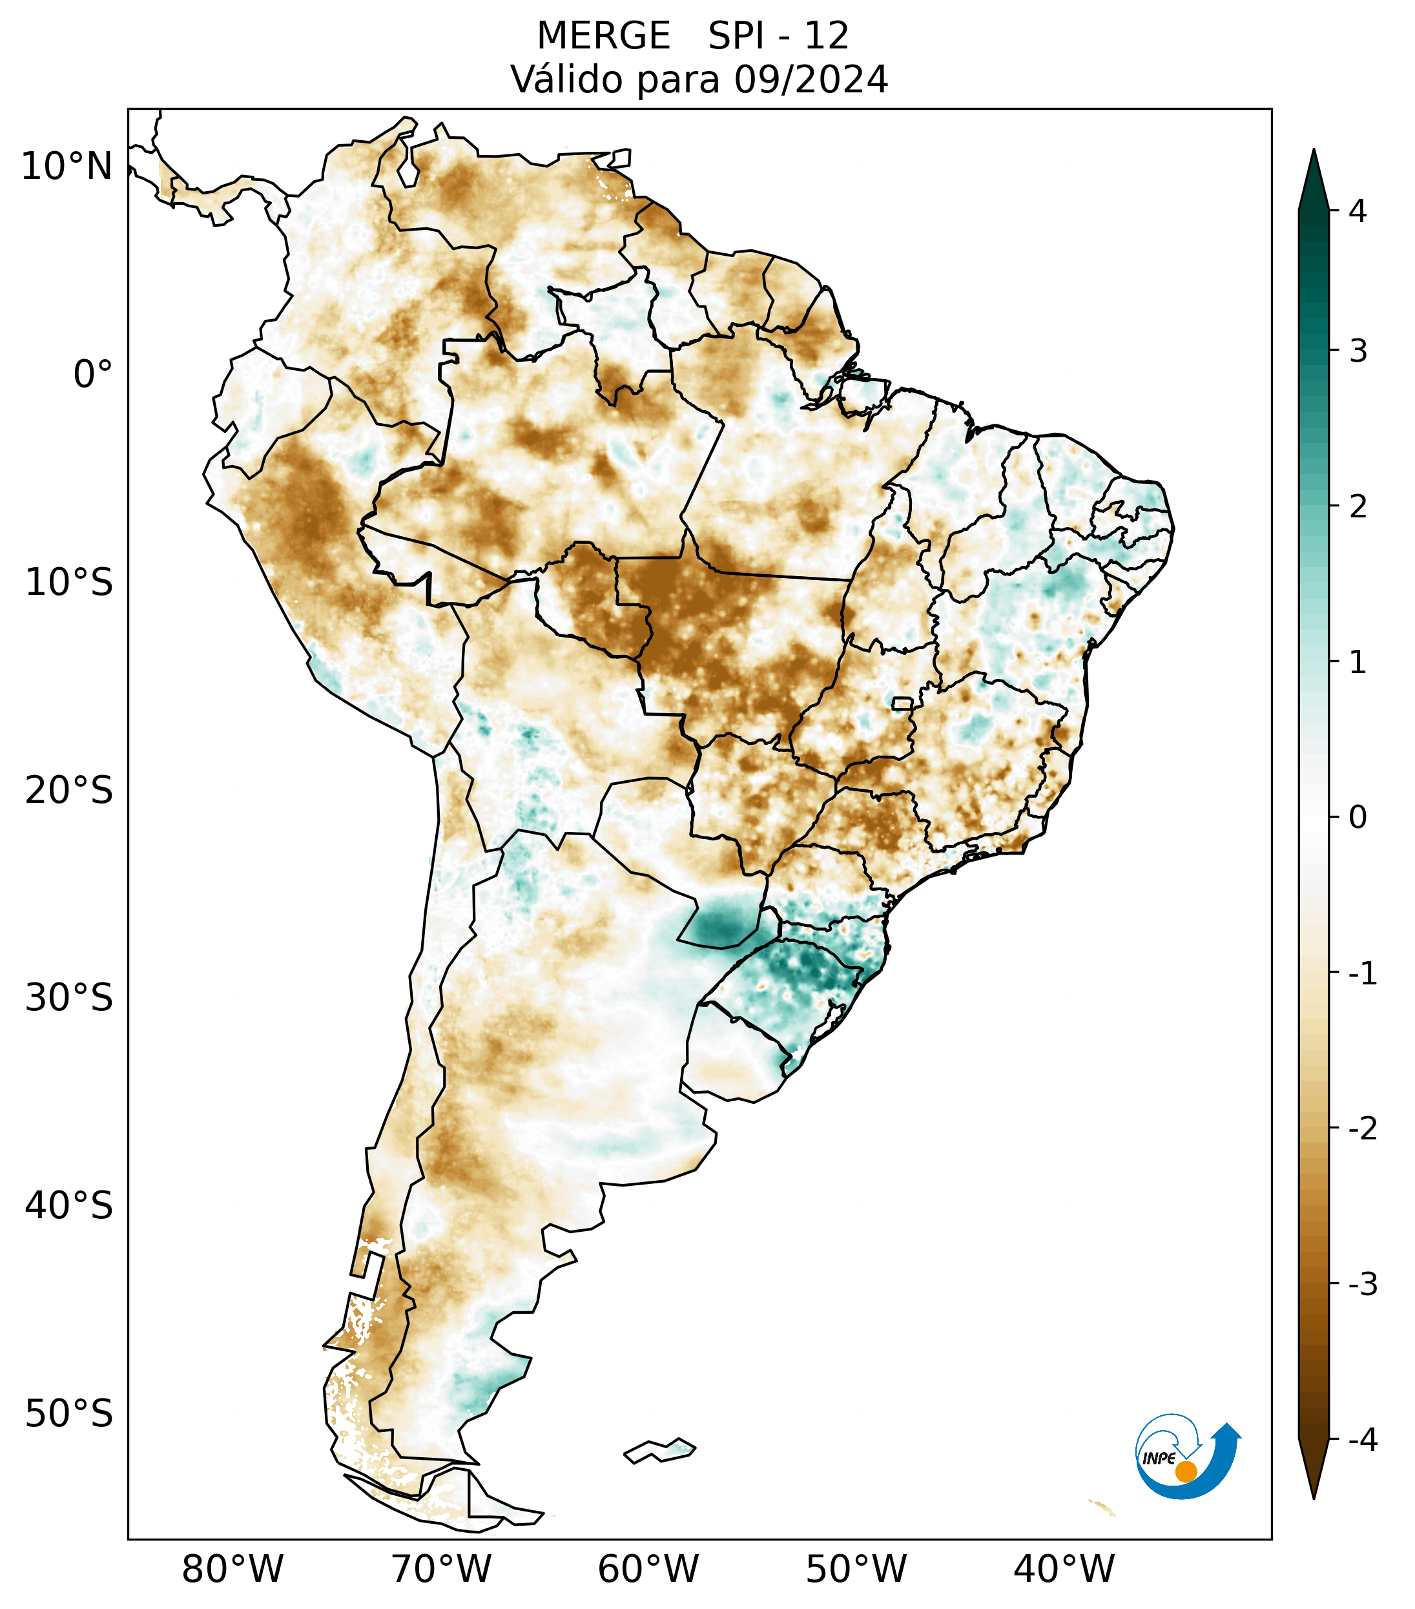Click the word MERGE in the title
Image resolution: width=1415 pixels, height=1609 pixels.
(x=604, y=36)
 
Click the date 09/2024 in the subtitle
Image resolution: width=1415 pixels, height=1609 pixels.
(x=811, y=79)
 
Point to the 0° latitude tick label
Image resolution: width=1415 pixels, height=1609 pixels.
(x=93, y=375)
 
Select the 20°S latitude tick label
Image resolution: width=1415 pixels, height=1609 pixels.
(x=69, y=791)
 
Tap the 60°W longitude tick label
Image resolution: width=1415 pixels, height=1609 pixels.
(x=648, y=1569)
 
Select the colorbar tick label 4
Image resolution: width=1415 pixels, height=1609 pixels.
(x=1358, y=211)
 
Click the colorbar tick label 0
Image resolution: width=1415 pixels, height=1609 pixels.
(x=1358, y=818)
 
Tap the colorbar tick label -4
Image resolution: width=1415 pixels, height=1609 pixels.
(x=1362, y=1440)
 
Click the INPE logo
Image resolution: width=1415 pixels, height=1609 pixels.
(x=1188, y=1457)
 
